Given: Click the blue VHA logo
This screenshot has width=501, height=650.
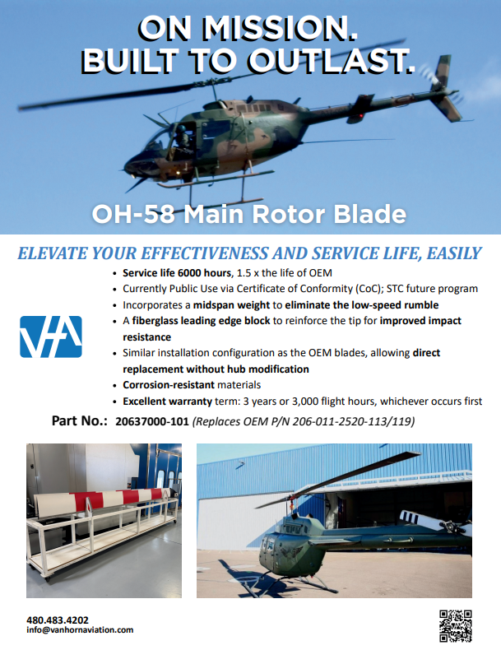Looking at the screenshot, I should coord(51,336).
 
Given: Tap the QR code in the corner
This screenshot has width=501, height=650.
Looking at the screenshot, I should coord(455,624).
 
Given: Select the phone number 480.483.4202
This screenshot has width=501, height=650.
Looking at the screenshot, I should coord(58,620).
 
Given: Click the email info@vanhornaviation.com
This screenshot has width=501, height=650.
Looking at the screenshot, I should coord(80,630).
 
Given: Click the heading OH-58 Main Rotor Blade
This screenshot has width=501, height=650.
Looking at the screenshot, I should coord(249,215).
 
